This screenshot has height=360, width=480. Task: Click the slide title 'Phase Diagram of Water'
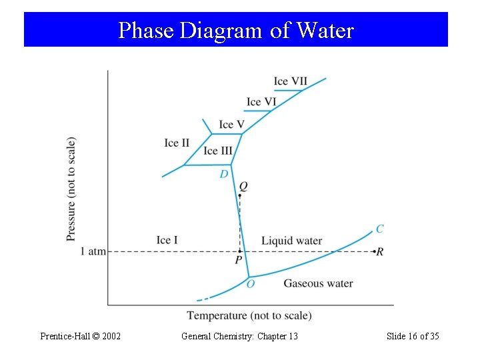[235, 30]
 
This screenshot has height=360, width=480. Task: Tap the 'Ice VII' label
[290, 81]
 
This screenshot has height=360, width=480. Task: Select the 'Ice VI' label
[261, 102]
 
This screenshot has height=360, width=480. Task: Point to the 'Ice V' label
[231, 125]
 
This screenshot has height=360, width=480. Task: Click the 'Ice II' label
[177, 143]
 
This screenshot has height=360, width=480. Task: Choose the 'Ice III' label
[218, 151]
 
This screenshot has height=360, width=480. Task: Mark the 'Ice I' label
[167, 240]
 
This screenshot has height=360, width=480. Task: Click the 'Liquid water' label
[291, 241]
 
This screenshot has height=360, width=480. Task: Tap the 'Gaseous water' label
[318, 283]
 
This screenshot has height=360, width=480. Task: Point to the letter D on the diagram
[224, 174]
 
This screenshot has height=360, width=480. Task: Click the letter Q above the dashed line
[243, 186]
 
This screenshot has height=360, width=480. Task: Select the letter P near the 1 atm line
[238, 261]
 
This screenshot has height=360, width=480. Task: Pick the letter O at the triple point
[251, 284]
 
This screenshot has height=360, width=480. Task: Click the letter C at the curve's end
[379, 229]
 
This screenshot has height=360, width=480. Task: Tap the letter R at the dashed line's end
[380, 252]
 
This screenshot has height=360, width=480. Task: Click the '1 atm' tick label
[93, 251]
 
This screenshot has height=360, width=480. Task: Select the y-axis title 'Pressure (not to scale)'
[71, 189]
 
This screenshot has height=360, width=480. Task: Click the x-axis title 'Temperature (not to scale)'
[249, 315]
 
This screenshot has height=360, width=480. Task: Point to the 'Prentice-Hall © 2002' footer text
[80, 336]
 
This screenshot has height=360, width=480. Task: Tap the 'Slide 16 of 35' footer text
[413, 336]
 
